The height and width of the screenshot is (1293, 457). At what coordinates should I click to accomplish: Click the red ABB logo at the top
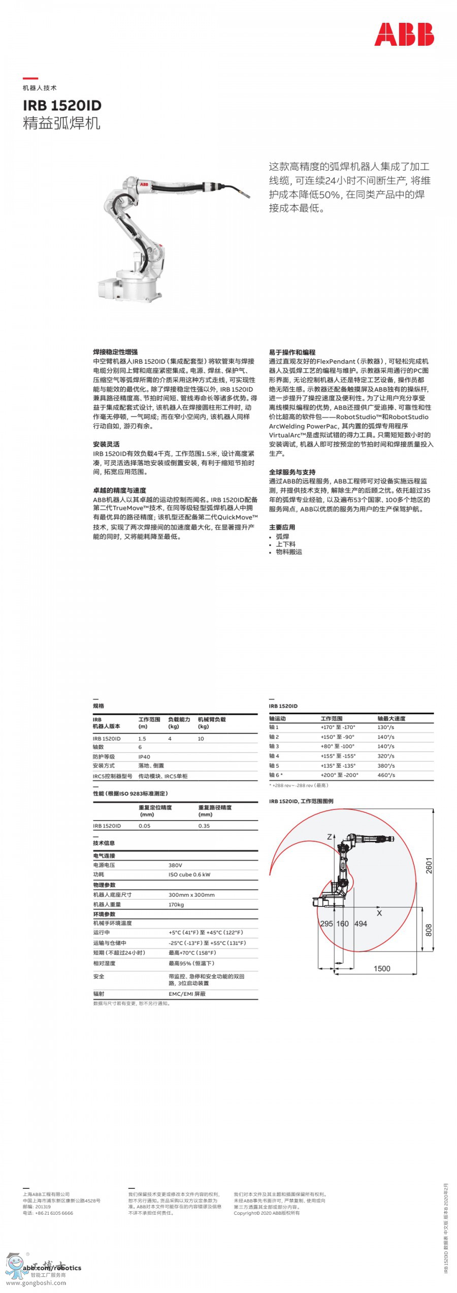coord(404,35)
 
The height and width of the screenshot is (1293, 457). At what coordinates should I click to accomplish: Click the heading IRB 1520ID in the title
coord(62,105)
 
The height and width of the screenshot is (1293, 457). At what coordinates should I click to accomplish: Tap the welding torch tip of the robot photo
coord(247,195)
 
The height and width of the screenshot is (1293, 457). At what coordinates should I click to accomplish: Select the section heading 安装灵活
coord(106,444)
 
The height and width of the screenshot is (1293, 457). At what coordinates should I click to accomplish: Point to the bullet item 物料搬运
coord(288,552)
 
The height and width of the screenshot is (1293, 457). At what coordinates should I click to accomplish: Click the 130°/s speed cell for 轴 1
coord(385,727)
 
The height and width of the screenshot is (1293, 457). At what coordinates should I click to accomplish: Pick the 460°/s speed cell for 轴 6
coord(385,775)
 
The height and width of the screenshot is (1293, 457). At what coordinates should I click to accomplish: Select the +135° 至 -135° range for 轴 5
coord(338,765)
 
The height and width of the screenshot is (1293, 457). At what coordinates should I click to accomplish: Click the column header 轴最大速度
coord(391,718)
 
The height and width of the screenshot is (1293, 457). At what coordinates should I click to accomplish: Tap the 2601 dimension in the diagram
coord(429,865)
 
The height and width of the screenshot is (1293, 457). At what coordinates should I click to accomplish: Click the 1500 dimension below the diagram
coord(382,968)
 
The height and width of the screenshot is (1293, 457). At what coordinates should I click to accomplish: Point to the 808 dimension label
coord(429,930)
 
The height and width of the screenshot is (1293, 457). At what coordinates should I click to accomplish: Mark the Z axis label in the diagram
coord(329,837)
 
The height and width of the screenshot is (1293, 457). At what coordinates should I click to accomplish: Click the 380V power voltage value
coord(175,865)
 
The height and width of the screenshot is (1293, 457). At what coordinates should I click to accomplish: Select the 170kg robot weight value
coord(176,904)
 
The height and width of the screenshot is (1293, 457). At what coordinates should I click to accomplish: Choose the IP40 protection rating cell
coord(144,756)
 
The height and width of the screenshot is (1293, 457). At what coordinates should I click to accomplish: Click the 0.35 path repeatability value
coord(204,826)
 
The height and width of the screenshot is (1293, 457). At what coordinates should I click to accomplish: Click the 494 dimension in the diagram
coord(361,923)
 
